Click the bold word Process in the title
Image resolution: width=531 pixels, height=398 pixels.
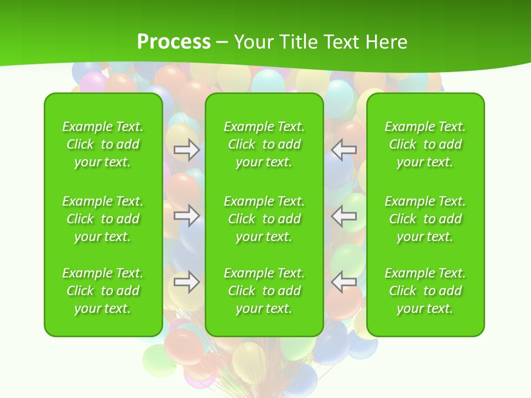[x=174, y=42]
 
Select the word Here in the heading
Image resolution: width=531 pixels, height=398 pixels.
[x=386, y=42]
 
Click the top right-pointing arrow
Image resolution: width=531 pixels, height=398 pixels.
[x=186, y=150]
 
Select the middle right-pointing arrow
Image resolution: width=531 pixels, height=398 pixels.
[x=186, y=216]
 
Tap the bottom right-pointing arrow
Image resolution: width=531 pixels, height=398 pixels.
[x=186, y=282]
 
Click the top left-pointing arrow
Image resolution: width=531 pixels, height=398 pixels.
[x=344, y=150]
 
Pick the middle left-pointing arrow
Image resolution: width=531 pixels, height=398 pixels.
[x=344, y=216]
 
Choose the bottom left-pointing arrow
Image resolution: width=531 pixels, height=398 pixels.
[x=344, y=282]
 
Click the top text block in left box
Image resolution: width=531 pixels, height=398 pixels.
[x=103, y=144]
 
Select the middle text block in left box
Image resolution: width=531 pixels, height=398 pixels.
[x=103, y=219]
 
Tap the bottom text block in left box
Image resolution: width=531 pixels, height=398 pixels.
[x=103, y=291]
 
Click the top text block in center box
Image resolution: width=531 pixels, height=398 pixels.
[x=264, y=144]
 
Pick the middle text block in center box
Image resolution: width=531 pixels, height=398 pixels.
[x=264, y=219]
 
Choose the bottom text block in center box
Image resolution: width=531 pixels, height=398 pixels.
[x=264, y=291]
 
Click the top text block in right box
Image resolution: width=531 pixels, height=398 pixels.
[x=425, y=144]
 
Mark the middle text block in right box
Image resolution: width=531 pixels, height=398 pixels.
[x=425, y=219]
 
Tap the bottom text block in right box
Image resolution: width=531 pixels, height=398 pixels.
[x=425, y=291]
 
